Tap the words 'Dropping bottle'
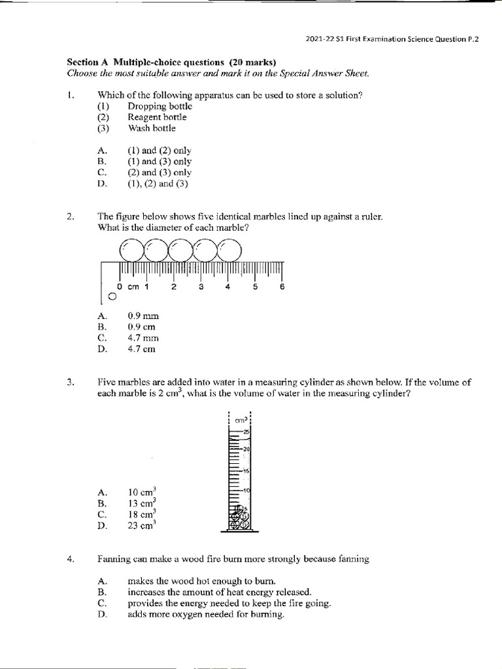[159, 106]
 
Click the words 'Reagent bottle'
[157, 117]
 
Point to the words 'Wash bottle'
[152, 128]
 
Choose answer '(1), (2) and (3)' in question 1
[158, 184]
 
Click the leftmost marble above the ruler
[132, 249]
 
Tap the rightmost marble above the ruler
[229, 249]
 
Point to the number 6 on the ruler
[282, 286]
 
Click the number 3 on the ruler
[201, 286]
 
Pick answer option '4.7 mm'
[143, 338]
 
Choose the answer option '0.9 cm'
[142, 327]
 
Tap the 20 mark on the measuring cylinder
[245, 449]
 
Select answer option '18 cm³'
[142, 514]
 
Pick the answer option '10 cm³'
[142, 492]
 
